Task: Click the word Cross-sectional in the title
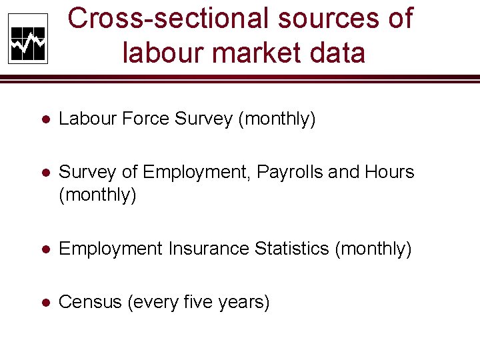click(169, 19)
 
